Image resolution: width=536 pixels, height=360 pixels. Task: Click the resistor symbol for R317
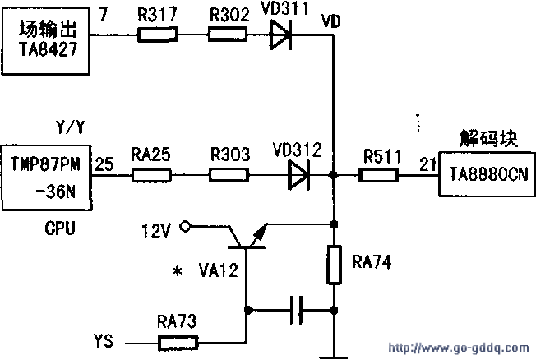156,35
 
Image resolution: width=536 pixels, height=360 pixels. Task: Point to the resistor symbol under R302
225,35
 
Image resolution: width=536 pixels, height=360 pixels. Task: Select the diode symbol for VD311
282,35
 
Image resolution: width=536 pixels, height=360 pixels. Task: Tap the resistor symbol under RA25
150,175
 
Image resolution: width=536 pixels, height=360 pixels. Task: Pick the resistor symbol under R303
228,175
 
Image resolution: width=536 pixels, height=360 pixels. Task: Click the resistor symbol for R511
380,175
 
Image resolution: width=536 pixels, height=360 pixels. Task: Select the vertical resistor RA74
334,263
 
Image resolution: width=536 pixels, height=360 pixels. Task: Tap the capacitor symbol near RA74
298,311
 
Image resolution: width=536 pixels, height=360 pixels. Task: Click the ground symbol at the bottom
334,355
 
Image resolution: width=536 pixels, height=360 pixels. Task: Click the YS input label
104,339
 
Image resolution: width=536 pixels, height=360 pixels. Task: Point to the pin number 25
104,164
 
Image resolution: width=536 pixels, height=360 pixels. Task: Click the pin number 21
426,164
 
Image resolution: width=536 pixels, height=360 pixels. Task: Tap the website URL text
460,348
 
